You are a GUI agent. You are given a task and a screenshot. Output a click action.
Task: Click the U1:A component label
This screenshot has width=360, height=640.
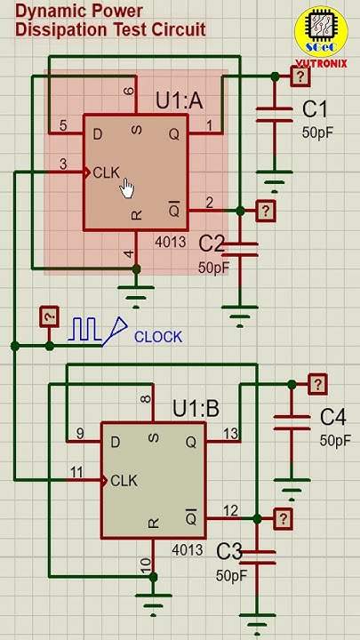(179, 100)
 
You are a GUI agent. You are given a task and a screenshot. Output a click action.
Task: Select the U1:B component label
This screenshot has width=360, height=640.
(196, 409)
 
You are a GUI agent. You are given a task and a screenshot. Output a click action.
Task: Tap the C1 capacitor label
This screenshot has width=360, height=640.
(315, 110)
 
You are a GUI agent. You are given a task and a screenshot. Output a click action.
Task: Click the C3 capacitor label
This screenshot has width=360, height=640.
(229, 551)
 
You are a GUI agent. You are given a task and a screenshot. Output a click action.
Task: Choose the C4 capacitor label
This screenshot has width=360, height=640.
(332, 417)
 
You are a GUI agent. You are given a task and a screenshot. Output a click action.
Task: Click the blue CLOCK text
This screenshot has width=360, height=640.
(158, 337)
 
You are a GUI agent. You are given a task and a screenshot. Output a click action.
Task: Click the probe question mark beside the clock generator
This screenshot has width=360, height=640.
(50, 316)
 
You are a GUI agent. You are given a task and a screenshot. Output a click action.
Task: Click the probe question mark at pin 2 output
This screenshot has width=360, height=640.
(265, 211)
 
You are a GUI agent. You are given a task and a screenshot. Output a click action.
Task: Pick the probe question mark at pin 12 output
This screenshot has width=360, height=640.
(283, 518)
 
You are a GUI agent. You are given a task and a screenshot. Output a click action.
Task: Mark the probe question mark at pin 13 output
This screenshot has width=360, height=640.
(317, 384)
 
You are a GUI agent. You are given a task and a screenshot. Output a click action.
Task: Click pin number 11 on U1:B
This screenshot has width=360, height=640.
(76, 471)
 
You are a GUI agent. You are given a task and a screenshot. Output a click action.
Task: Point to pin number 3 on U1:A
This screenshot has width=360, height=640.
(62, 164)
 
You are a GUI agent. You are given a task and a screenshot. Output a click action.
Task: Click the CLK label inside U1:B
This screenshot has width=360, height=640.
(124, 481)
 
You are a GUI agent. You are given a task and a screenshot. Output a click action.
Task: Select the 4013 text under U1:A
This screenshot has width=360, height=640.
(171, 242)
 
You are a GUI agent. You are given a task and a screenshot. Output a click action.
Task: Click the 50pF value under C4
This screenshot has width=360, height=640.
(335, 440)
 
